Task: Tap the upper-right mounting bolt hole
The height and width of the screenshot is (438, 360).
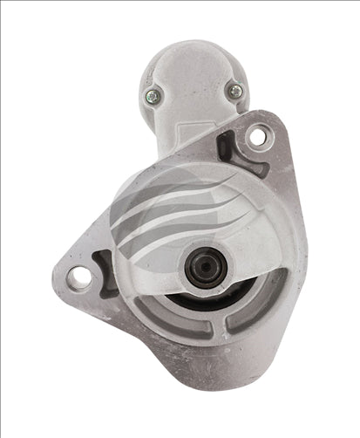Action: tap(256, 136)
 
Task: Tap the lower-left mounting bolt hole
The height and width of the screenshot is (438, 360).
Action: tap(79, 277)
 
